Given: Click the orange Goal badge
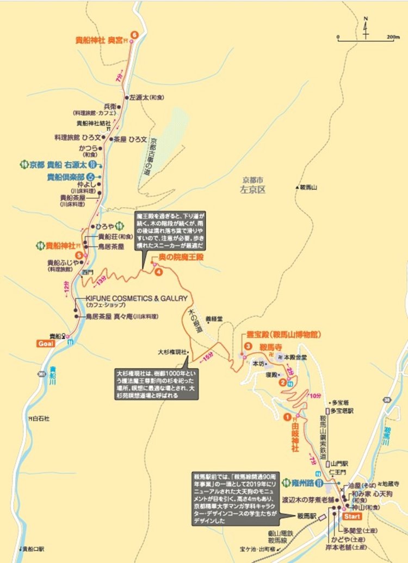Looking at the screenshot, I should coord(45,343).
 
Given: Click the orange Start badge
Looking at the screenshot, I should coord(353,516).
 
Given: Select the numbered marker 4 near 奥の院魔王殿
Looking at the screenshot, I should coord(158,272).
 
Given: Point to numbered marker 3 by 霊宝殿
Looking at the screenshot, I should coord(247,346).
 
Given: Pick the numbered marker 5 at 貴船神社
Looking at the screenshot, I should coord(79,255).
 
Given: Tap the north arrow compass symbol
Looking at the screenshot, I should coord(365,27).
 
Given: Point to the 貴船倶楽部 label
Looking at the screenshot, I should coord(65,176).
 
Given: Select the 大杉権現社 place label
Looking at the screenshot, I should coord(171,352).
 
